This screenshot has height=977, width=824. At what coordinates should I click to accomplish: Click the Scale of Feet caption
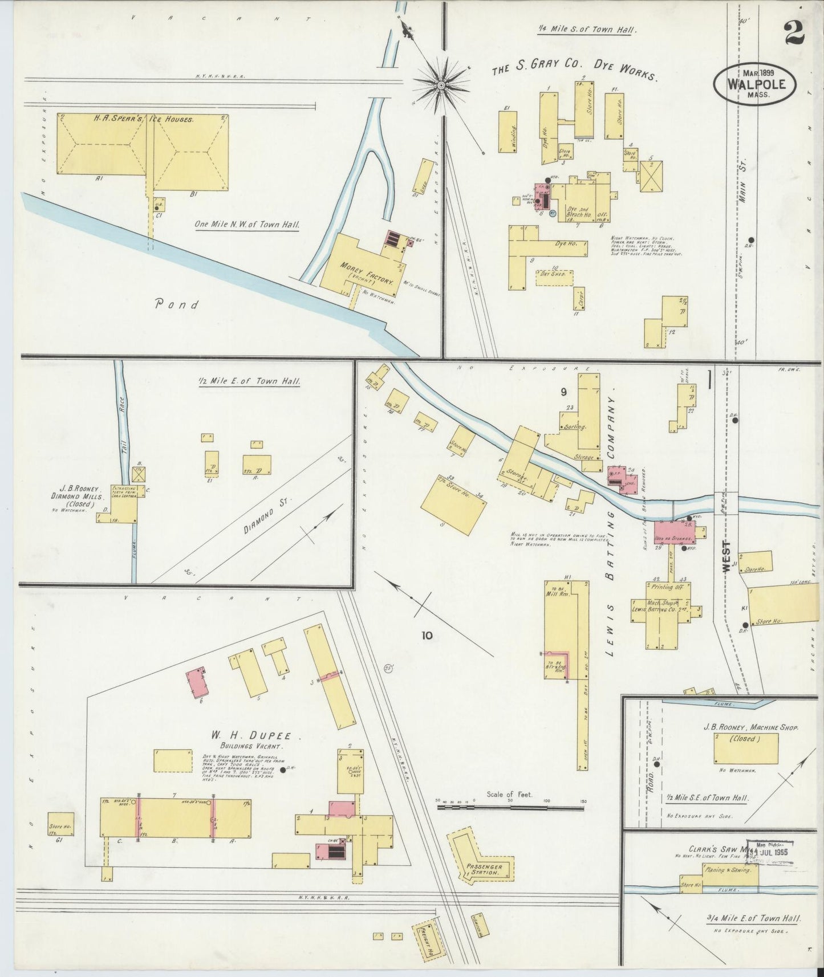509,794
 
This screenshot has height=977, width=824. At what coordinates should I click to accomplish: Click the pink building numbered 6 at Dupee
198,682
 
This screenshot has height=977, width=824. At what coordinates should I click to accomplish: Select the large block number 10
427,635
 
